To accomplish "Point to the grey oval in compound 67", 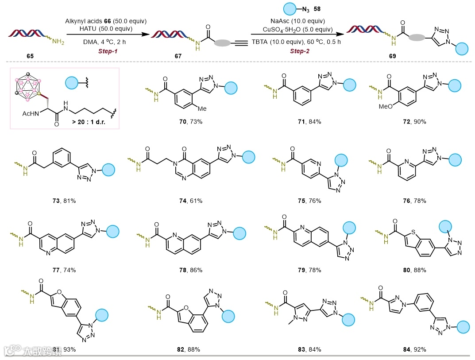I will tap(222, 43).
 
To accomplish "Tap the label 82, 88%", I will tap(189, 349).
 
